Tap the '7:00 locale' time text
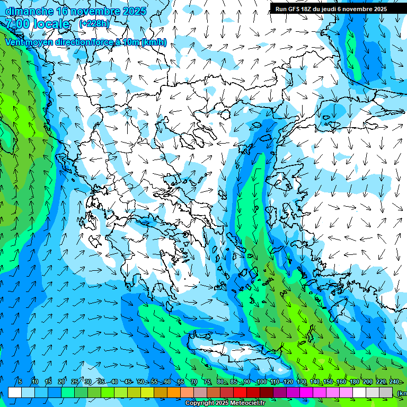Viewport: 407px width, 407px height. [x=37, y=24]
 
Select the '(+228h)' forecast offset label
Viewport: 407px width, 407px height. [x=94, y=24]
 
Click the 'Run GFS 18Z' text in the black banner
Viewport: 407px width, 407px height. [x=295, y=9]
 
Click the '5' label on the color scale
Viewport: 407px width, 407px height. [x=20, y=382]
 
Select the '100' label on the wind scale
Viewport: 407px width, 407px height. [x=261, y=382]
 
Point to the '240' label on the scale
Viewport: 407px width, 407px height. [x=394, y=382]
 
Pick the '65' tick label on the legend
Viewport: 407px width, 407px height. [x=181, y=382]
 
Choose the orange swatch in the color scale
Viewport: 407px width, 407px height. [x=174, y=392]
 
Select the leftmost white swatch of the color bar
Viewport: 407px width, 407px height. [x=15, y=392]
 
